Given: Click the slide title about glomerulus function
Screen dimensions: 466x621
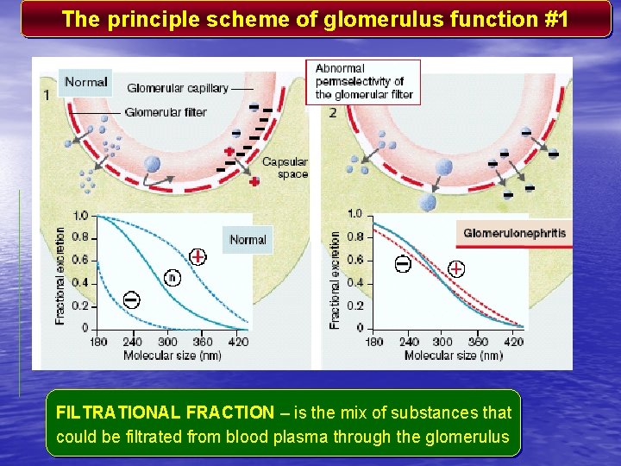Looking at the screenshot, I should tap(315, 20).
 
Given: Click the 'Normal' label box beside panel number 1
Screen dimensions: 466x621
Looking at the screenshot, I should tap(85, 83).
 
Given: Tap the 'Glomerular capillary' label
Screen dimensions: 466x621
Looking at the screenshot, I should tap(178, 88).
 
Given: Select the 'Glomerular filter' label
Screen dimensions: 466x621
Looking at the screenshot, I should tap(166, 112).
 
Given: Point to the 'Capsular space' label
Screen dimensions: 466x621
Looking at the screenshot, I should tap(285, 168).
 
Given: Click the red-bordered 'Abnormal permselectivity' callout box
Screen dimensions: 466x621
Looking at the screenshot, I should tap(364, 81).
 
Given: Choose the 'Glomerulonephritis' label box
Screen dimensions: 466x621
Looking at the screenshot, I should tap(514, 233).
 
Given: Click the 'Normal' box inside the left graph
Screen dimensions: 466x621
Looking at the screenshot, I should tap(248, 240).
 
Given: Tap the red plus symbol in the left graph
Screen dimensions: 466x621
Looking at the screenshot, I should tap(198, 256).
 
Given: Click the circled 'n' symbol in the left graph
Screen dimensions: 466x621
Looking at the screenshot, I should tap(172, 278).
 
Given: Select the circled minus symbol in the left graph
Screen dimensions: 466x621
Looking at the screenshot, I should tap(132, 299).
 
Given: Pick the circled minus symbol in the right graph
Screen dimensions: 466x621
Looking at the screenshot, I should tap(403, 264).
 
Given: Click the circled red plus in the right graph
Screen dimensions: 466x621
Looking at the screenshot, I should tap(455, 268).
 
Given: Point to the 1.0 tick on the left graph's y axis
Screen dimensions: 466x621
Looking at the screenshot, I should tap(80, 216).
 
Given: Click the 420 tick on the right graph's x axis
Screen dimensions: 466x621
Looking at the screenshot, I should tap(515, 342).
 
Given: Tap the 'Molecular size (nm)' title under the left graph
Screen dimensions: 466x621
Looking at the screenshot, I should tap(172, 355).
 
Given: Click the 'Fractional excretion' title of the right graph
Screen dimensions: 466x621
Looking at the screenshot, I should tap(335, 278).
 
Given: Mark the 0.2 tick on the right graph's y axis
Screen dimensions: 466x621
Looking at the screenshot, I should tap(354, 305).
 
